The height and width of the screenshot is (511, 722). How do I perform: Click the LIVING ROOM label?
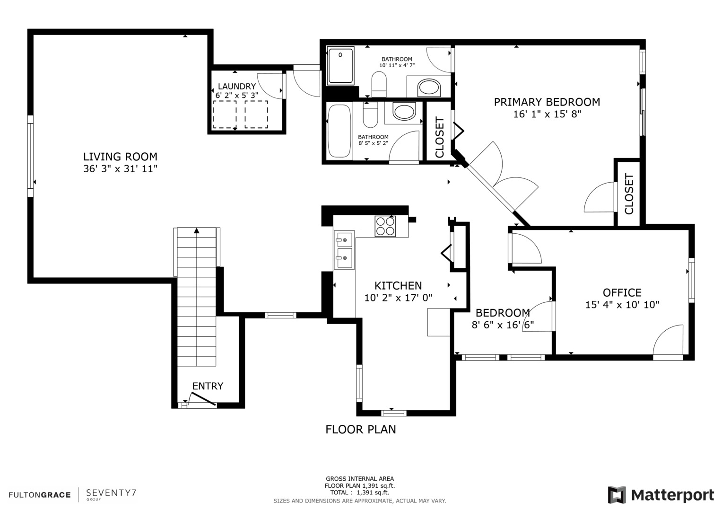120,157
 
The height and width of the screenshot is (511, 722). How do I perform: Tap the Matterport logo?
661,495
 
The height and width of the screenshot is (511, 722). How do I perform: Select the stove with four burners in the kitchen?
385,226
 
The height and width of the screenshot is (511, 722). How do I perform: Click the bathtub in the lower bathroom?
339,131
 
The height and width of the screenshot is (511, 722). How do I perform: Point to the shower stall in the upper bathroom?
340,65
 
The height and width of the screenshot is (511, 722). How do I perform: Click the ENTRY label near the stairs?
208,386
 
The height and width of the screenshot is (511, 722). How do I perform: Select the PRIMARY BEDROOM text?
547,102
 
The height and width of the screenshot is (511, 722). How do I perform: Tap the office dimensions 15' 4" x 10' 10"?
622,305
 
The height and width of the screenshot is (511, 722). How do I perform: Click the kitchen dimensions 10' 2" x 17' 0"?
398,298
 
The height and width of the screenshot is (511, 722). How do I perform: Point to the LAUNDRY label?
236,87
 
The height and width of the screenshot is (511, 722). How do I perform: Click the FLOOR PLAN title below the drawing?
360,429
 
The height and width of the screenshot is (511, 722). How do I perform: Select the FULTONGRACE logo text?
40,495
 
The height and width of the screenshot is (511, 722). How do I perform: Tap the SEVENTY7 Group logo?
111,493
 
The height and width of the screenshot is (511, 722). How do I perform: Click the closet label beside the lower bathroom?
439,137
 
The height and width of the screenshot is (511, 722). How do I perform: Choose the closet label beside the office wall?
629,194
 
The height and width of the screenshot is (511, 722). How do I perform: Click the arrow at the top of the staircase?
197,230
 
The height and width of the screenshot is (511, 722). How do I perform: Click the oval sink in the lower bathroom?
404,112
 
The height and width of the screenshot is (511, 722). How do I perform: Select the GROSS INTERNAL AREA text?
359,478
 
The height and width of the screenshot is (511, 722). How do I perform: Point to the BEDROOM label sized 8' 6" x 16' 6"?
502,313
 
